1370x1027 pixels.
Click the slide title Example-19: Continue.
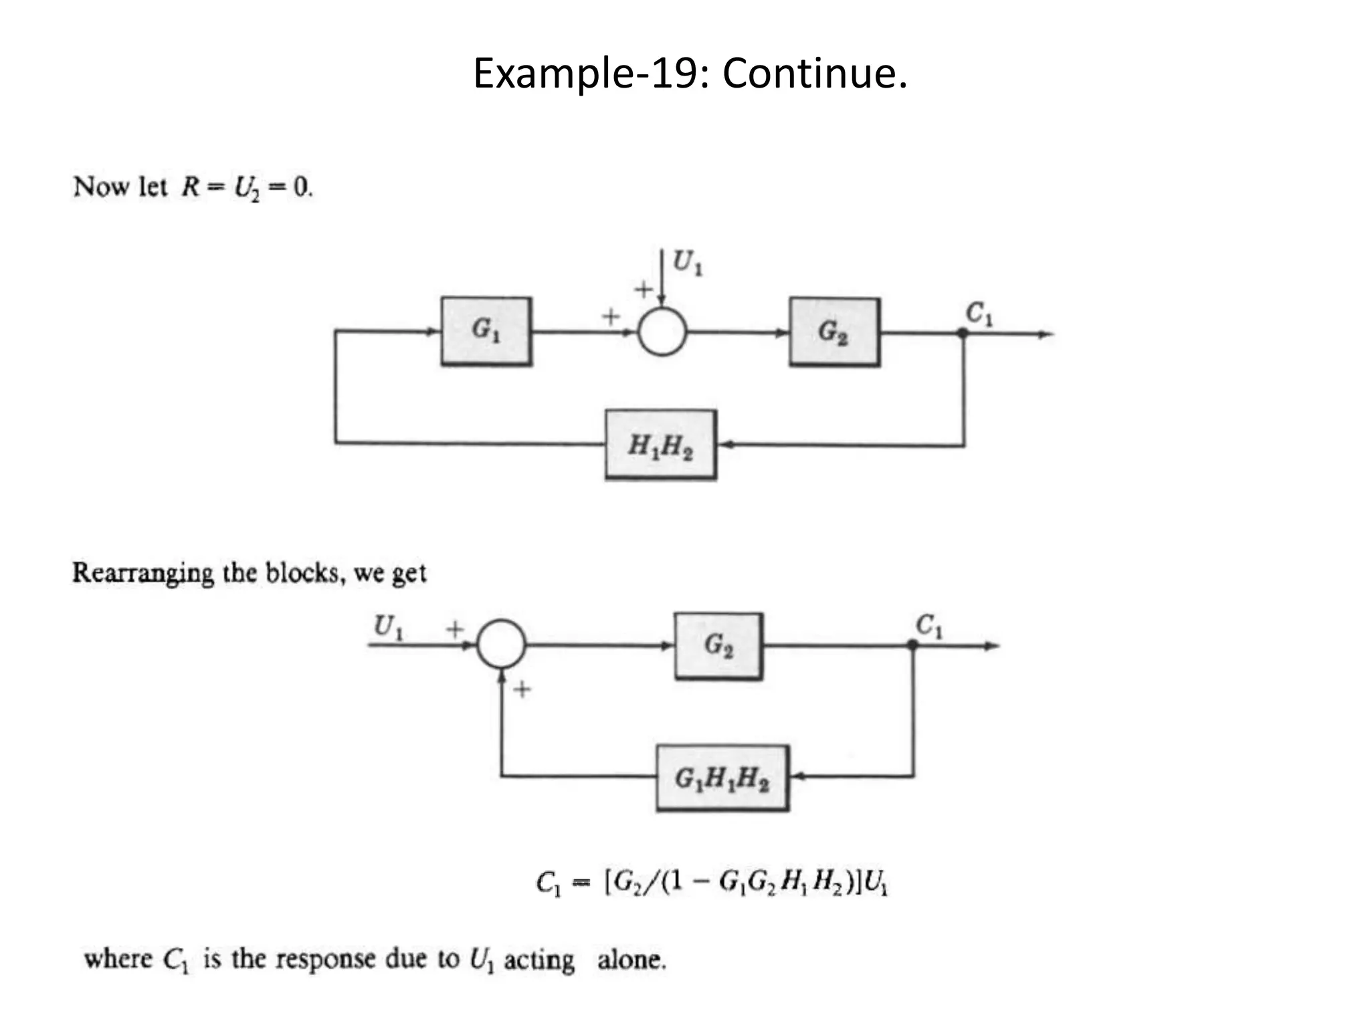[690, 73]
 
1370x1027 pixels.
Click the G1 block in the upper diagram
[486, 331]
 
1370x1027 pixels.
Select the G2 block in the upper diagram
[834, 332]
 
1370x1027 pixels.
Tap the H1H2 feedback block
[660, 445]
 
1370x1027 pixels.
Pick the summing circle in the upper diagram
[662, 332]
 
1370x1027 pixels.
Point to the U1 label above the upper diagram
[687, 262]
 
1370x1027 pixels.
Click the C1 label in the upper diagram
[979, 313]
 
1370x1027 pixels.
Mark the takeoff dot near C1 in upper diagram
[963, 333]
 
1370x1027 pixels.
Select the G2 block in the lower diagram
[718, 646]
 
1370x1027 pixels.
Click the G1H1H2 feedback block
[722, 778]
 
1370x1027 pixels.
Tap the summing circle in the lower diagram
[501, 644]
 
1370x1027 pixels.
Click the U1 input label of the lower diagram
[389, 627]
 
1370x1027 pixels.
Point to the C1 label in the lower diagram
[929, 626]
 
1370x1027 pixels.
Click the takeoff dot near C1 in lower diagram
[912, 645]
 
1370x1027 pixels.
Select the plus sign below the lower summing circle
[522, 689]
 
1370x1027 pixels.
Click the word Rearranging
[142, 574]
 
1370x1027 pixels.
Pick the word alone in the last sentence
[631, 960]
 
